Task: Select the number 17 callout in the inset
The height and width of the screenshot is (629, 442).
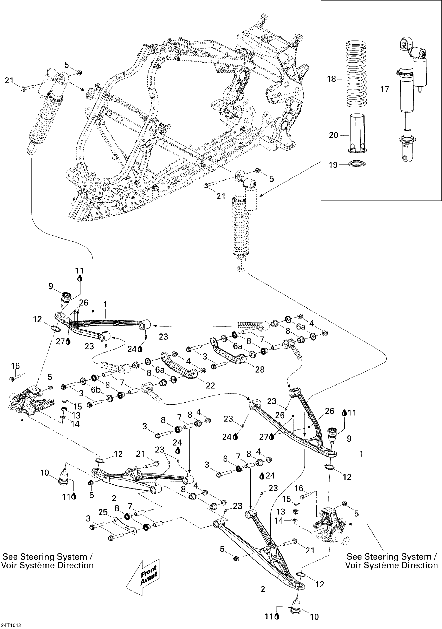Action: [385, 89]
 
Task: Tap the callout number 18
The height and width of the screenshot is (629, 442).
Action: [331, 79]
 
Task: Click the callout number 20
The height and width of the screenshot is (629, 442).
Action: [333, 135]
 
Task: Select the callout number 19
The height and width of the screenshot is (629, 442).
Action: [333, 165]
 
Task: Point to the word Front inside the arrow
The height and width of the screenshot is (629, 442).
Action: [148, 569]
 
